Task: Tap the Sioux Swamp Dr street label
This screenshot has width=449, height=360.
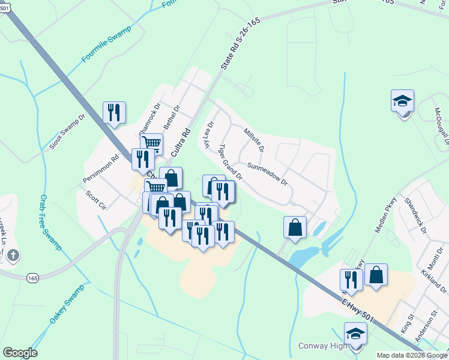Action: pyautogui.click(x=68, y=130)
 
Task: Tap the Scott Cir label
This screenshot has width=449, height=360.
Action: pyautogui.click(x=95, y=199)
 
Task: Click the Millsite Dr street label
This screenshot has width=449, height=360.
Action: pyautogui.click(x=253, y=140)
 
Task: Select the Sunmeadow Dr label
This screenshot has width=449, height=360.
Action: pyautogui.click(x=268, y=173)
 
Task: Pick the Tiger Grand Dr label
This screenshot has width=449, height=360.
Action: pyautogui.click(x=230, y=162)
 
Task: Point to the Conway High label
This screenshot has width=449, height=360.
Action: pyautogui.click(x=323, y=346)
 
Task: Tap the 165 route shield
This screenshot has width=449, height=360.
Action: pyautogui.click(x=33, y=277)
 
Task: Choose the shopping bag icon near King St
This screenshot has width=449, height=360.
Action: pyautogui.click(x=376, y=275)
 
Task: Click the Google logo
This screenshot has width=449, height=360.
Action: pyautogui.click(x=20, y=353)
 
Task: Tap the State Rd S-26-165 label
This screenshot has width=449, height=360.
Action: pyautogui.click(x=241, y=45)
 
